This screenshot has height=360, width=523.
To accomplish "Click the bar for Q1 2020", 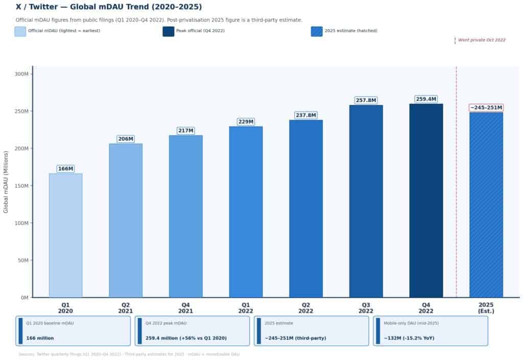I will point(65,235).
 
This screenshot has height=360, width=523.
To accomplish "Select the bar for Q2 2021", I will point(126,220).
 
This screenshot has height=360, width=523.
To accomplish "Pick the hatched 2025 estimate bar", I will point(486,204).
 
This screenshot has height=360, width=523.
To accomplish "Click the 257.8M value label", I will point(366,101).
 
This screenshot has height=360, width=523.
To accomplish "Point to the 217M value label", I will point(185,131).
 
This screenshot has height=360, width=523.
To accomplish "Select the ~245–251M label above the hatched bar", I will point(486,108).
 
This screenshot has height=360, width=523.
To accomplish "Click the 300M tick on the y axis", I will point(21,74).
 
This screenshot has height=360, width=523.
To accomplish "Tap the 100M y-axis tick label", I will point(21,223).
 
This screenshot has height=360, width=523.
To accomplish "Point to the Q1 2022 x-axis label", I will point(246,307).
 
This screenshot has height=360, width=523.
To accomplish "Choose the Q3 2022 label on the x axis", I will point(366,307).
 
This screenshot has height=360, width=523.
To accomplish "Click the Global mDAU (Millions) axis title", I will point(6,182).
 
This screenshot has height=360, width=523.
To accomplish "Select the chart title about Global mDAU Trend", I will point(109,7).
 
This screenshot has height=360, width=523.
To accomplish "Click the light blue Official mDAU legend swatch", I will point(20,31).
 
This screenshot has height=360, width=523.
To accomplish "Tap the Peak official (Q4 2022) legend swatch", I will point(169,31).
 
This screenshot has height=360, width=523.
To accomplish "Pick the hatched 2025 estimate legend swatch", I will point(317,31).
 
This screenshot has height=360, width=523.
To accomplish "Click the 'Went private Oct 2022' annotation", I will point(482,40).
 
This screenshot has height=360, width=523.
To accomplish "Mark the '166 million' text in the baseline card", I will point(40,338).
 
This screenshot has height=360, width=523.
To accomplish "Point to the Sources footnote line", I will point(129,354).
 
